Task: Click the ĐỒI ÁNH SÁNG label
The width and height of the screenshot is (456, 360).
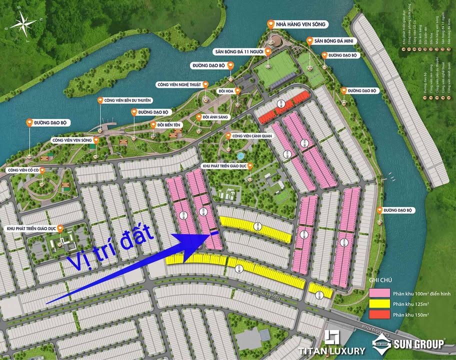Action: coord(216,117)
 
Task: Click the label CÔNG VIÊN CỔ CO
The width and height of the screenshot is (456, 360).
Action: coord(22,170)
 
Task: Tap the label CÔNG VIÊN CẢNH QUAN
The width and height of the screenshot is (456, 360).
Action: coord(252,135)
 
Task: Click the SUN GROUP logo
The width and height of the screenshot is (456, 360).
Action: coord(409,343)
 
